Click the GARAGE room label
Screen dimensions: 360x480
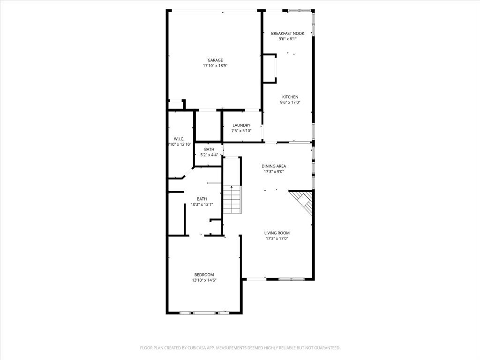pyautogui.click(x=215, y=60)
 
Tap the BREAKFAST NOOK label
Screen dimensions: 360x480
pyautogui.click(x=287, y=33)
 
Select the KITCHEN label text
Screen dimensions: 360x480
pyautogui.click(x=290, y=97)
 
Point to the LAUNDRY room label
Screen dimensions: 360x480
pyautogui.click(x=241, y=125)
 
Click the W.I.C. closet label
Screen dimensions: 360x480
pyautogui.click(x=179, y=139)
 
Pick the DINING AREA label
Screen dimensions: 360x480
pyautogui.click(x=274, y=166)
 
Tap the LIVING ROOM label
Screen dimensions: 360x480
pyautogui.click(x=277, y=233)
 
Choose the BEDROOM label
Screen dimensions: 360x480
pyautogui.click(x=204, y=275)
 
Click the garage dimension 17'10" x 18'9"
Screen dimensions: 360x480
pyautogui.click(x=215, y=66)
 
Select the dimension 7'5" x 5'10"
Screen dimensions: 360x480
pyautogui.click(x=241, y=131)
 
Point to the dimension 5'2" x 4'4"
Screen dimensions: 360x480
pyautogui.click(x=209, y=155)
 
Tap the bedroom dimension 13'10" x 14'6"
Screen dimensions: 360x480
pyautogui.click(x=204, y=280)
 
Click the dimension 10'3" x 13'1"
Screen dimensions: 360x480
pyautogui.click(x=202, y=204)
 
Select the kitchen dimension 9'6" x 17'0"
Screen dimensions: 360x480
pyautogui.click(x=290, y=103)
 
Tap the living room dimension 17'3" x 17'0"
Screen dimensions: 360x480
pyautogui.click(x=277, y=239)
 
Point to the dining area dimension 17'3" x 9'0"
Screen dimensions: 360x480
pyautogui.click(x=274, y=172)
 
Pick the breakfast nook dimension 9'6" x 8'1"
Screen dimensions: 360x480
pyautogui.click(x=287, y=39)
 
